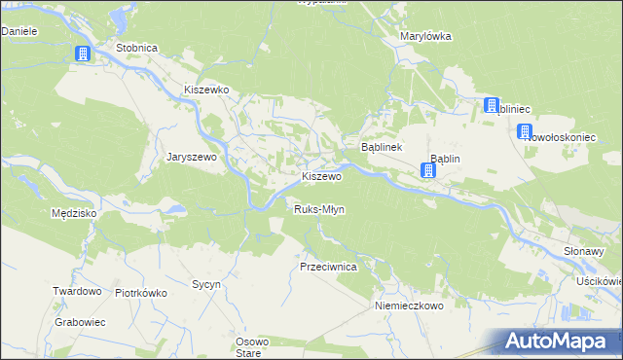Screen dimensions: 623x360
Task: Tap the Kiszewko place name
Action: click(206, 89)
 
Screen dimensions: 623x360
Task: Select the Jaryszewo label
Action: click(197, 156)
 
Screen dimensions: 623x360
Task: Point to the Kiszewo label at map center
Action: click(321, 177)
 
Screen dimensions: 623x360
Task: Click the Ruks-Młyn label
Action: click(319, 209)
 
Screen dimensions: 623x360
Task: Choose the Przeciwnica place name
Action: click(329, 266)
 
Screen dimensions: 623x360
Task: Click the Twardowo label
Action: click(78, 291)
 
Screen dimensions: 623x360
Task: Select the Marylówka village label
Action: click(425, 36)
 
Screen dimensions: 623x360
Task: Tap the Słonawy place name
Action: click(585, 250)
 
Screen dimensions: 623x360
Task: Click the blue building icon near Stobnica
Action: click(83, 54)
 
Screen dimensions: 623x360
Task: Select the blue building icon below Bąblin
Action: click(428, 171)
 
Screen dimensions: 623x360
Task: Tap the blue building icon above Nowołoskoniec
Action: click(526, 132)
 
